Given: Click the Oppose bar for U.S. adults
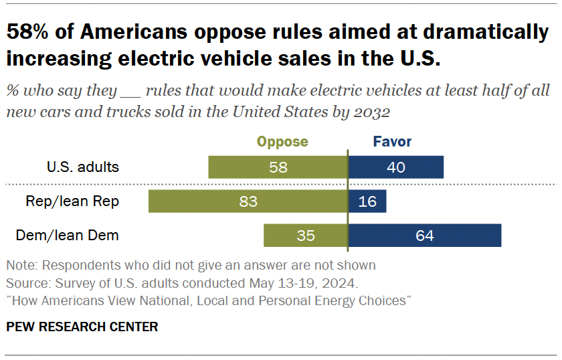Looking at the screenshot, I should pos(278,167).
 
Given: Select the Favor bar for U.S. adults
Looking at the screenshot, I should pos(396,167).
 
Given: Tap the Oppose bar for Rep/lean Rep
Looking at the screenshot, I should pos(248,201).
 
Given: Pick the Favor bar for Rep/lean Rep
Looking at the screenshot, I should pos(367,201).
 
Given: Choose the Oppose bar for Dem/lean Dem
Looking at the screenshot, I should pos(306,236).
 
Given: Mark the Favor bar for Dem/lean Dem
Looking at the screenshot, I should pos(425,236).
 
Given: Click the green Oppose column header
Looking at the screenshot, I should pos(282,142).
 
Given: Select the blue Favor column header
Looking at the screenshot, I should pos(392,142).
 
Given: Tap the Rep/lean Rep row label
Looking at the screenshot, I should pos(72,201).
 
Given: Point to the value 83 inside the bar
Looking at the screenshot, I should pos(248,201).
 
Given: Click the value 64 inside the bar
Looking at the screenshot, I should pos(425,236).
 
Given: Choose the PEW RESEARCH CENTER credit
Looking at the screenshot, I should pos(82,327).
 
